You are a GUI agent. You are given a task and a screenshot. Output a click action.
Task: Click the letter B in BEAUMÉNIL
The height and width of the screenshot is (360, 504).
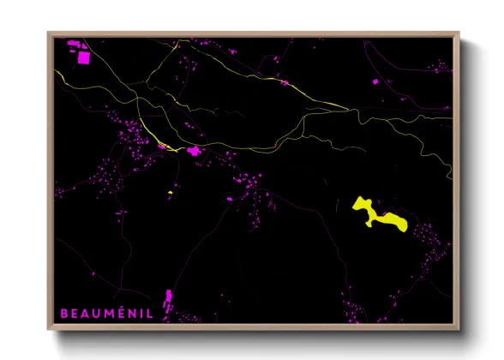tap(63, 313)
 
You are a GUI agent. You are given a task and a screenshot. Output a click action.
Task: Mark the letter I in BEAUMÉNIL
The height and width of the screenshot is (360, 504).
tap(141, 313)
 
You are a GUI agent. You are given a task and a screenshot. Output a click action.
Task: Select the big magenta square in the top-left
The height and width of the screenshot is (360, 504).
tap(83, 58)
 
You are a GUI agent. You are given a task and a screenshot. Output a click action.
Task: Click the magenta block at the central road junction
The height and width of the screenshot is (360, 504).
tap(194, 152)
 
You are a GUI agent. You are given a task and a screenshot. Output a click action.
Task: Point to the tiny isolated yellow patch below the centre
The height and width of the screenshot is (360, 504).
tap(171, 193)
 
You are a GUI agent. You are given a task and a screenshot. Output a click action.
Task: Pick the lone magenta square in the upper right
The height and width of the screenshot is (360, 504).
tap(375, 81)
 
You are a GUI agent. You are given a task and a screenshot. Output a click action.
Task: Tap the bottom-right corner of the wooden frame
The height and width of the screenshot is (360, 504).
tap(460, 330)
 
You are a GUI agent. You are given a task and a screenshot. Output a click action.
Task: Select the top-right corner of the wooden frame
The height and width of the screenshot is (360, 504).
tap(460, 33)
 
